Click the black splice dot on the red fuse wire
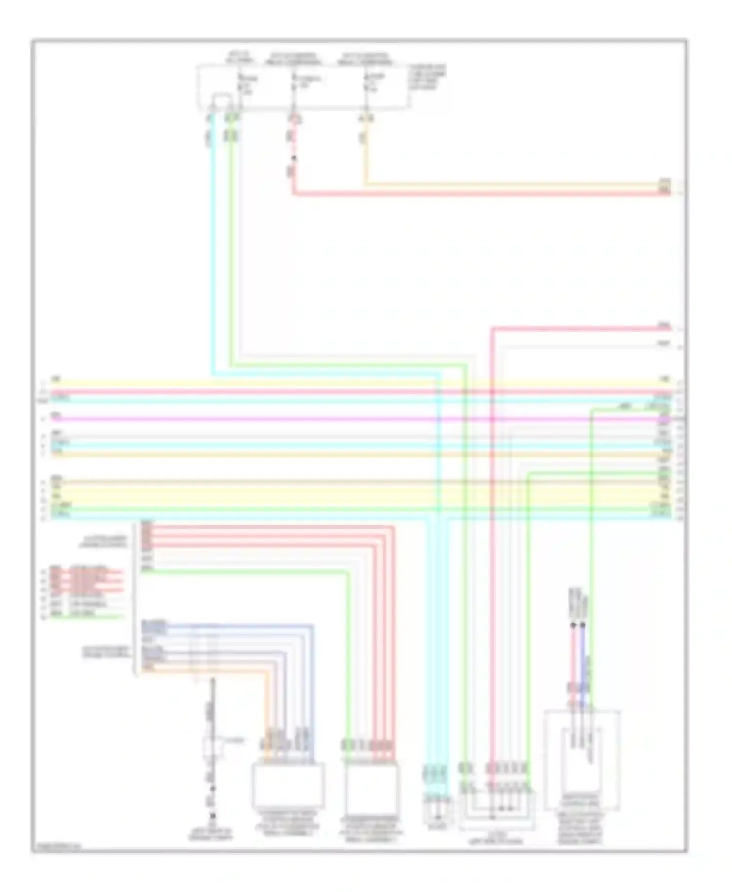pos(294,158)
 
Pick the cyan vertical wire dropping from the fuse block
pos(213,244)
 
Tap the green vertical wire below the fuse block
pos(231,244)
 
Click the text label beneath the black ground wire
pos(211,834)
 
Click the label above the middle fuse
pos(293,59)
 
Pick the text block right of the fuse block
pos(427,77)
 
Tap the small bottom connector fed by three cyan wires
pos(438,811)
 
